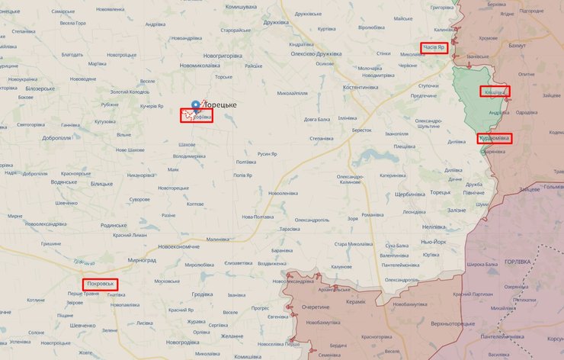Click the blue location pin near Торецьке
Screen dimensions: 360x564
click(x=196, y=106)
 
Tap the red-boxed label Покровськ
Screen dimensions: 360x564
click(x=101, y=284)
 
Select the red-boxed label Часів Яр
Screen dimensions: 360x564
click(x=436, y=48)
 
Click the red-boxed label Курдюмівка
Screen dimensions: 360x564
click(x=495, y=139)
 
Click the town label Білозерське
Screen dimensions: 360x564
click(x=40, y=88)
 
